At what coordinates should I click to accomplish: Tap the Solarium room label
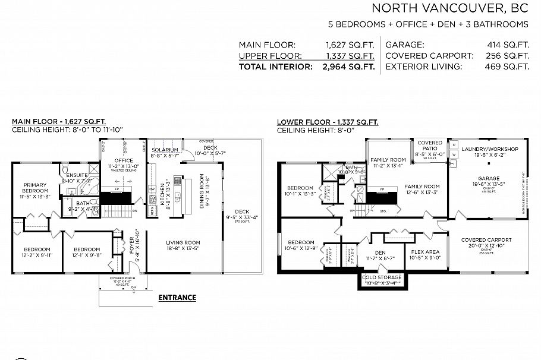[165, 150]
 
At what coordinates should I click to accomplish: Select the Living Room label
[183, 242]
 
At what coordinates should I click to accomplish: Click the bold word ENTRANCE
[177, 297]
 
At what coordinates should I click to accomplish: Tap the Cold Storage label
[382, 277]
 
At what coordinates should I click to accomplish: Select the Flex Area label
[426, 251]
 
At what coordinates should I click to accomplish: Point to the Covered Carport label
[486, 240]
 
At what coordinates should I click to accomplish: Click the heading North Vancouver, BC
[450, 8]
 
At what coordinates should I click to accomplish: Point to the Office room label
[124, 160]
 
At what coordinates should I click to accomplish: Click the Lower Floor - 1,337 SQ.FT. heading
[328, 122]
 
